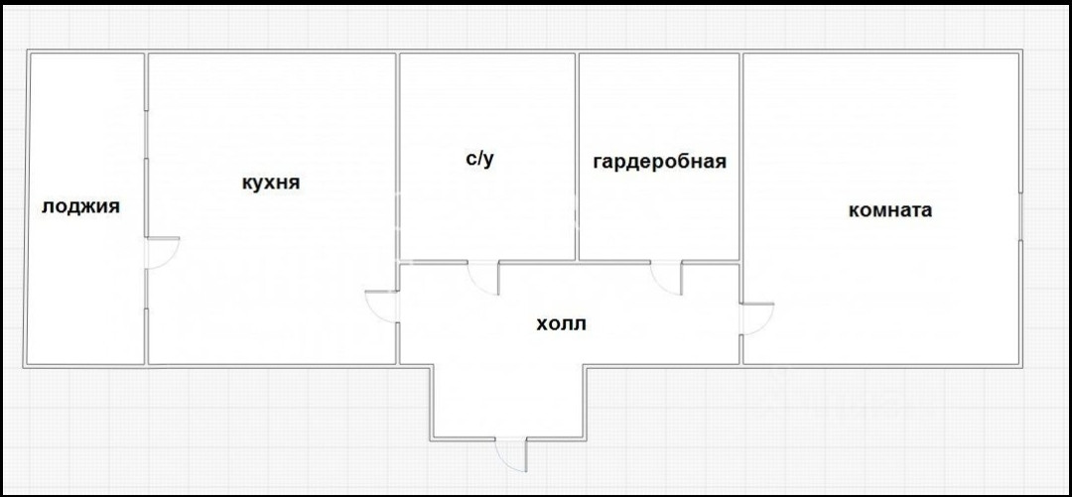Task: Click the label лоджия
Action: tap(80, 207)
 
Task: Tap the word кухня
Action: tap(270, 184)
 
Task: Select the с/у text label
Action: tap(479, 160)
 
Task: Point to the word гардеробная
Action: tap(659, 162)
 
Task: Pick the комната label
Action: tap(889, 210)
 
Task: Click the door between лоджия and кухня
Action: tap(163, 252)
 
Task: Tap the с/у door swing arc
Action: tap(483, 278)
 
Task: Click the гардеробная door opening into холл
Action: tap(667, 277)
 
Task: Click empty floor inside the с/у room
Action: tap(486, 213)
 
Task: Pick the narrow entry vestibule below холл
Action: tap(508, 401)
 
